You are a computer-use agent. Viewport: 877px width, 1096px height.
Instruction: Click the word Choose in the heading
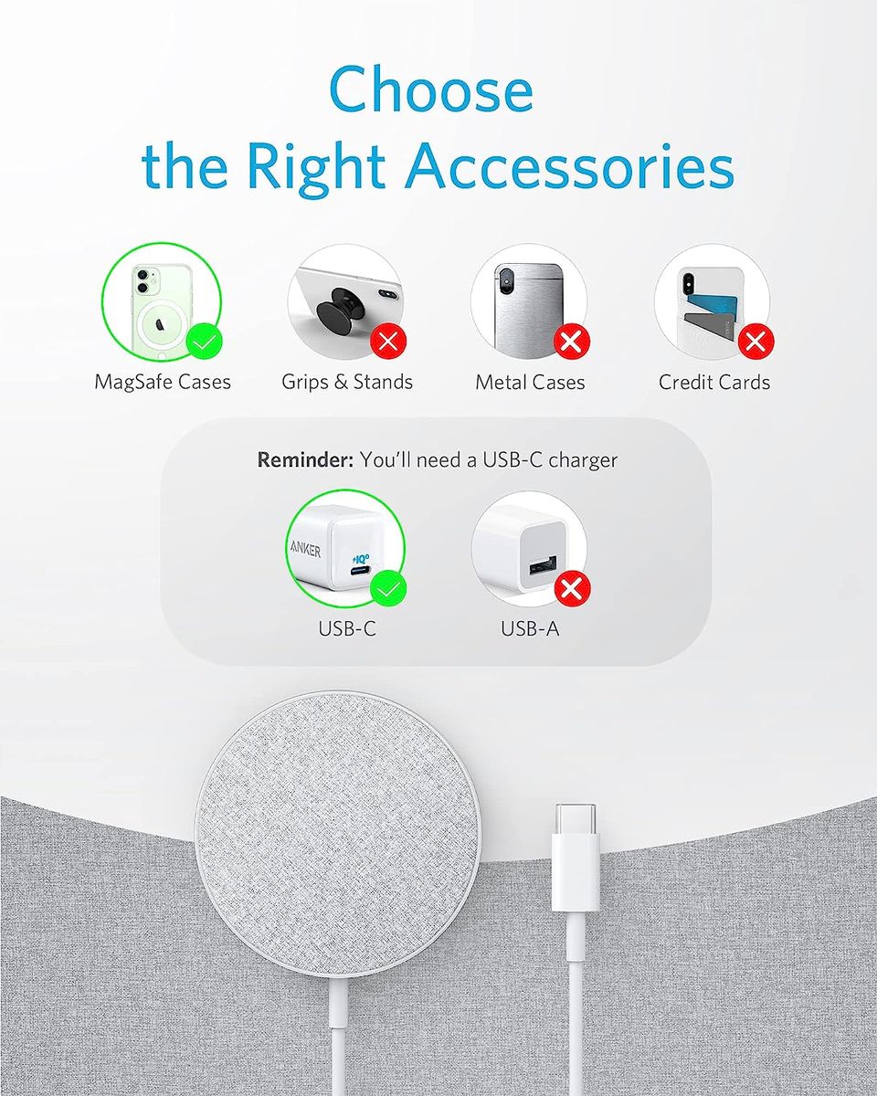point(431,90)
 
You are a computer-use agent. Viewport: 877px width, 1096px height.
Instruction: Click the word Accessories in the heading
point(570,166)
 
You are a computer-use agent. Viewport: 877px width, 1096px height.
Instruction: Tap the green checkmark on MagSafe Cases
point(204,342)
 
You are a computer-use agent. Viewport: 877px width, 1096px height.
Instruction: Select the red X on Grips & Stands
point(389,342)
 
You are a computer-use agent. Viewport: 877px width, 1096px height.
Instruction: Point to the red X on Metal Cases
point(572,342)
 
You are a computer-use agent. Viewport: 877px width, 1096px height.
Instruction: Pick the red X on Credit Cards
point(755,342)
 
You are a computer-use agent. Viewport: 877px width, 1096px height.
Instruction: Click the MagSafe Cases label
point(163,383)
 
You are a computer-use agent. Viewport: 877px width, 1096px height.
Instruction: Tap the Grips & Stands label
point(347,382)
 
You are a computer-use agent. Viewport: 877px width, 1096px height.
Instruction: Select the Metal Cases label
point(530,383)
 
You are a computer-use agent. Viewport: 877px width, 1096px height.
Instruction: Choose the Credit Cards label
point(713,383)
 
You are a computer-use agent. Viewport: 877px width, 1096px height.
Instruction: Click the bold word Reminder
point(305,460)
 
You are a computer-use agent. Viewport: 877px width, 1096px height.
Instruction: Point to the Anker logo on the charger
point(305,551)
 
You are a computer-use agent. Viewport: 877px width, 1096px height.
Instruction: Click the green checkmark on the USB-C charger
point(388,589)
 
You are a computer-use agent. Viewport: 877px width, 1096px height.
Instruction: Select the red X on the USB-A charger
point(572,589)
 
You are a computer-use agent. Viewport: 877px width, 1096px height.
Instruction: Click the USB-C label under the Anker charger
point(347,629)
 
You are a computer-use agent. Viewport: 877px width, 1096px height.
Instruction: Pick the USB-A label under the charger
point(530,629)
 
